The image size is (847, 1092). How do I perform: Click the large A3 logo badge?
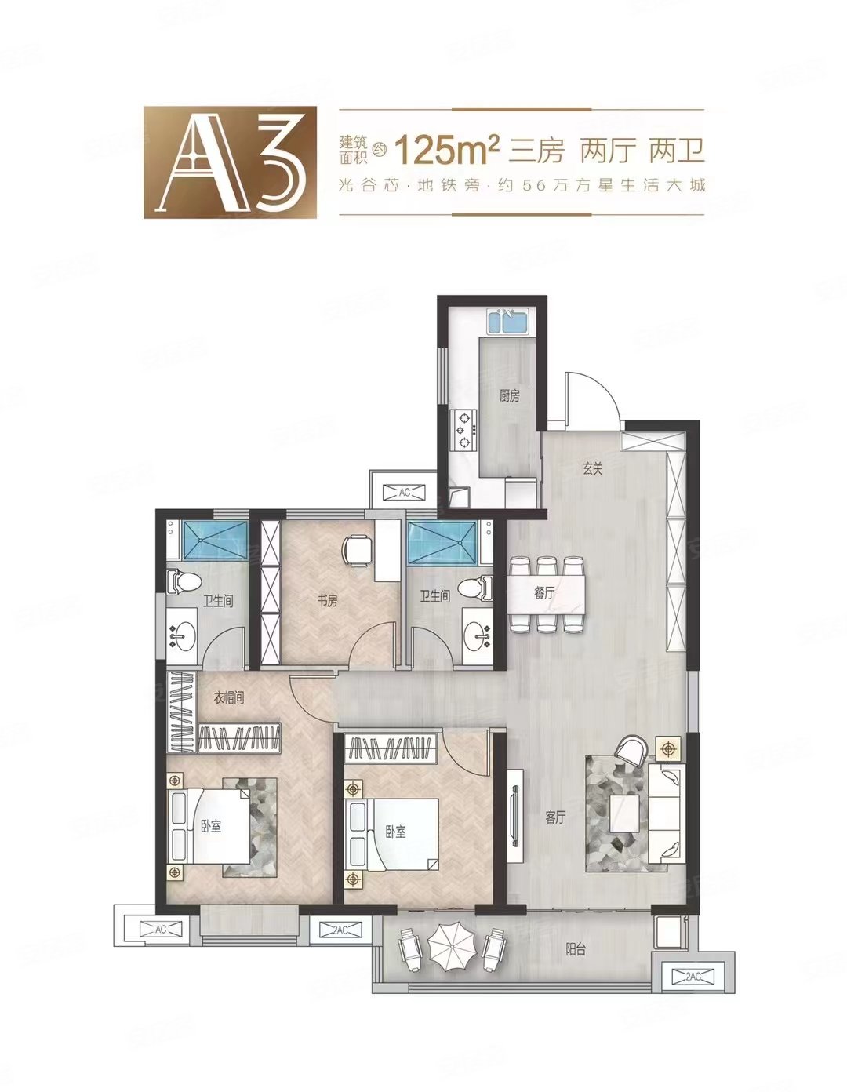click(x=230, y=162)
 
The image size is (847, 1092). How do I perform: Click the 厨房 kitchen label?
click(x=509, y=397)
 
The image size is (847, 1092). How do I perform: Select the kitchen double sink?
click(x=508, y=322)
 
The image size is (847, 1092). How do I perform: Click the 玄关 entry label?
click(x=592, y=470)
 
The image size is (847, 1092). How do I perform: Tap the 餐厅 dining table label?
click(x=544, y=594)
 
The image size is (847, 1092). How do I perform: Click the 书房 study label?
click(x=327, y=601)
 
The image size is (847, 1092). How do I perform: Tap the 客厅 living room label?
click(x=555, y=818)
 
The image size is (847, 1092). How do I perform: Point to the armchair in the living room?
click(x=633, y=751)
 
